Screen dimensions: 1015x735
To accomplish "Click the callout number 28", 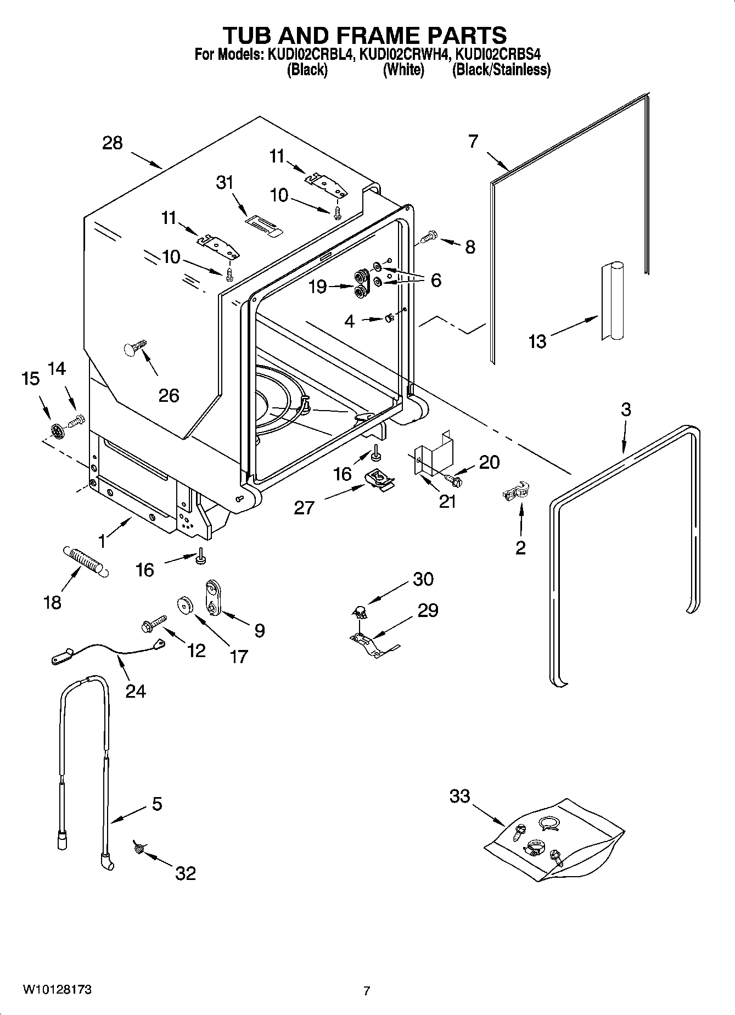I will coord(113,143).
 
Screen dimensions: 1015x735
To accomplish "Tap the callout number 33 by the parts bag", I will coord(459,795).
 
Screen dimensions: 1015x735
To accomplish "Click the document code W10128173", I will coord(57,989).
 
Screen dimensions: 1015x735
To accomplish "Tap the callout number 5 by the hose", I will coord(157,804).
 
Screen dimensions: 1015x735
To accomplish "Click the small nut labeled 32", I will coord(139,849).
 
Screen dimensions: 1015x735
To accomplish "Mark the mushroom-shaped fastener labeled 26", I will coord(134,347).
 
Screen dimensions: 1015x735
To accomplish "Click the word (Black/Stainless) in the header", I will coord(501,70).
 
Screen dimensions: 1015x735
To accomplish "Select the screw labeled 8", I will coord(429,238).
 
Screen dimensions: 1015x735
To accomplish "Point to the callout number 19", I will coord(318,287).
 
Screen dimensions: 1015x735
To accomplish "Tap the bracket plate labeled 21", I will coord(433,453).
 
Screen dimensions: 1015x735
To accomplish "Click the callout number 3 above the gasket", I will coord(626,410).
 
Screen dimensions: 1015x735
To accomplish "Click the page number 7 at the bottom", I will coord(367,991).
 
